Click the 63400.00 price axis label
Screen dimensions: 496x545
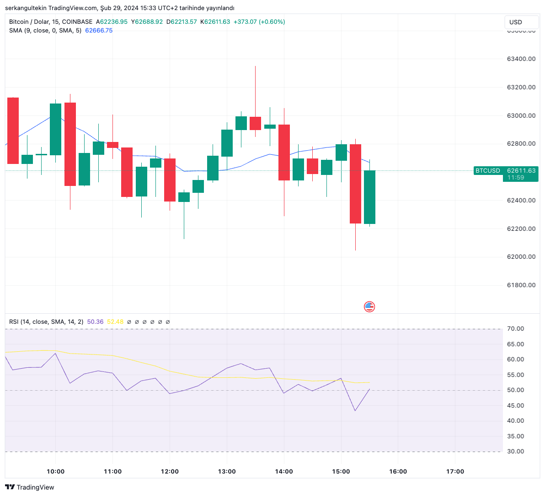tap(521, 59)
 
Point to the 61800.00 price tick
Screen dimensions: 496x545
tap(521, 285)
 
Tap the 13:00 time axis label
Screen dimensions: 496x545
tap(227, 471)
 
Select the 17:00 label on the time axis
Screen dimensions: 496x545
tap(455, 471)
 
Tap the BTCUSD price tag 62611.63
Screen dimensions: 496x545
tap(521, 170)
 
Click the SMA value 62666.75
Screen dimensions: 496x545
tap(99, 30)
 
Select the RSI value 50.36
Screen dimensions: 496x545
tap(95, 322)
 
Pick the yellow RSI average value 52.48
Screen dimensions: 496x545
tap(115, 322)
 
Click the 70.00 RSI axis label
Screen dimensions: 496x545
tap(515, 329)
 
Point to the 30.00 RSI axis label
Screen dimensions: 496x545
tap(515, 451)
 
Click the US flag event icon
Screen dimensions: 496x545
tap(369, 306)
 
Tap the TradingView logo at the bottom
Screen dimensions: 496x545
tap(30, 487)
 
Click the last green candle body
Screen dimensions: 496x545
tap(369, 197)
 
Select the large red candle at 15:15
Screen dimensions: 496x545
tap(355, 183)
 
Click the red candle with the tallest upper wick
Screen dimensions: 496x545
tap(255, 123)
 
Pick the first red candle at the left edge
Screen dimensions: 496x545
tap(13, 131)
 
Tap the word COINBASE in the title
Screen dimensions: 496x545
tap(77, 22)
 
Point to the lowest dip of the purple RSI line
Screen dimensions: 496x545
tap(355, 410)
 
